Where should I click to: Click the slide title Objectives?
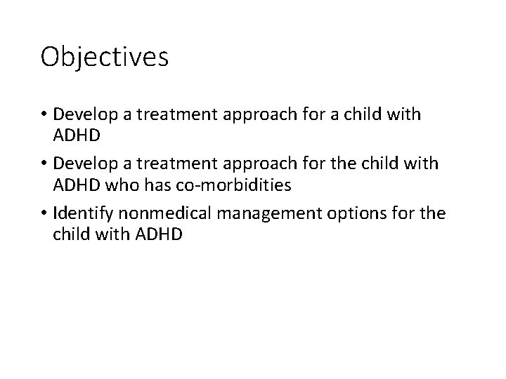105,57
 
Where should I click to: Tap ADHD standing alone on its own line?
77,135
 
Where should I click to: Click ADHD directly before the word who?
77,185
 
